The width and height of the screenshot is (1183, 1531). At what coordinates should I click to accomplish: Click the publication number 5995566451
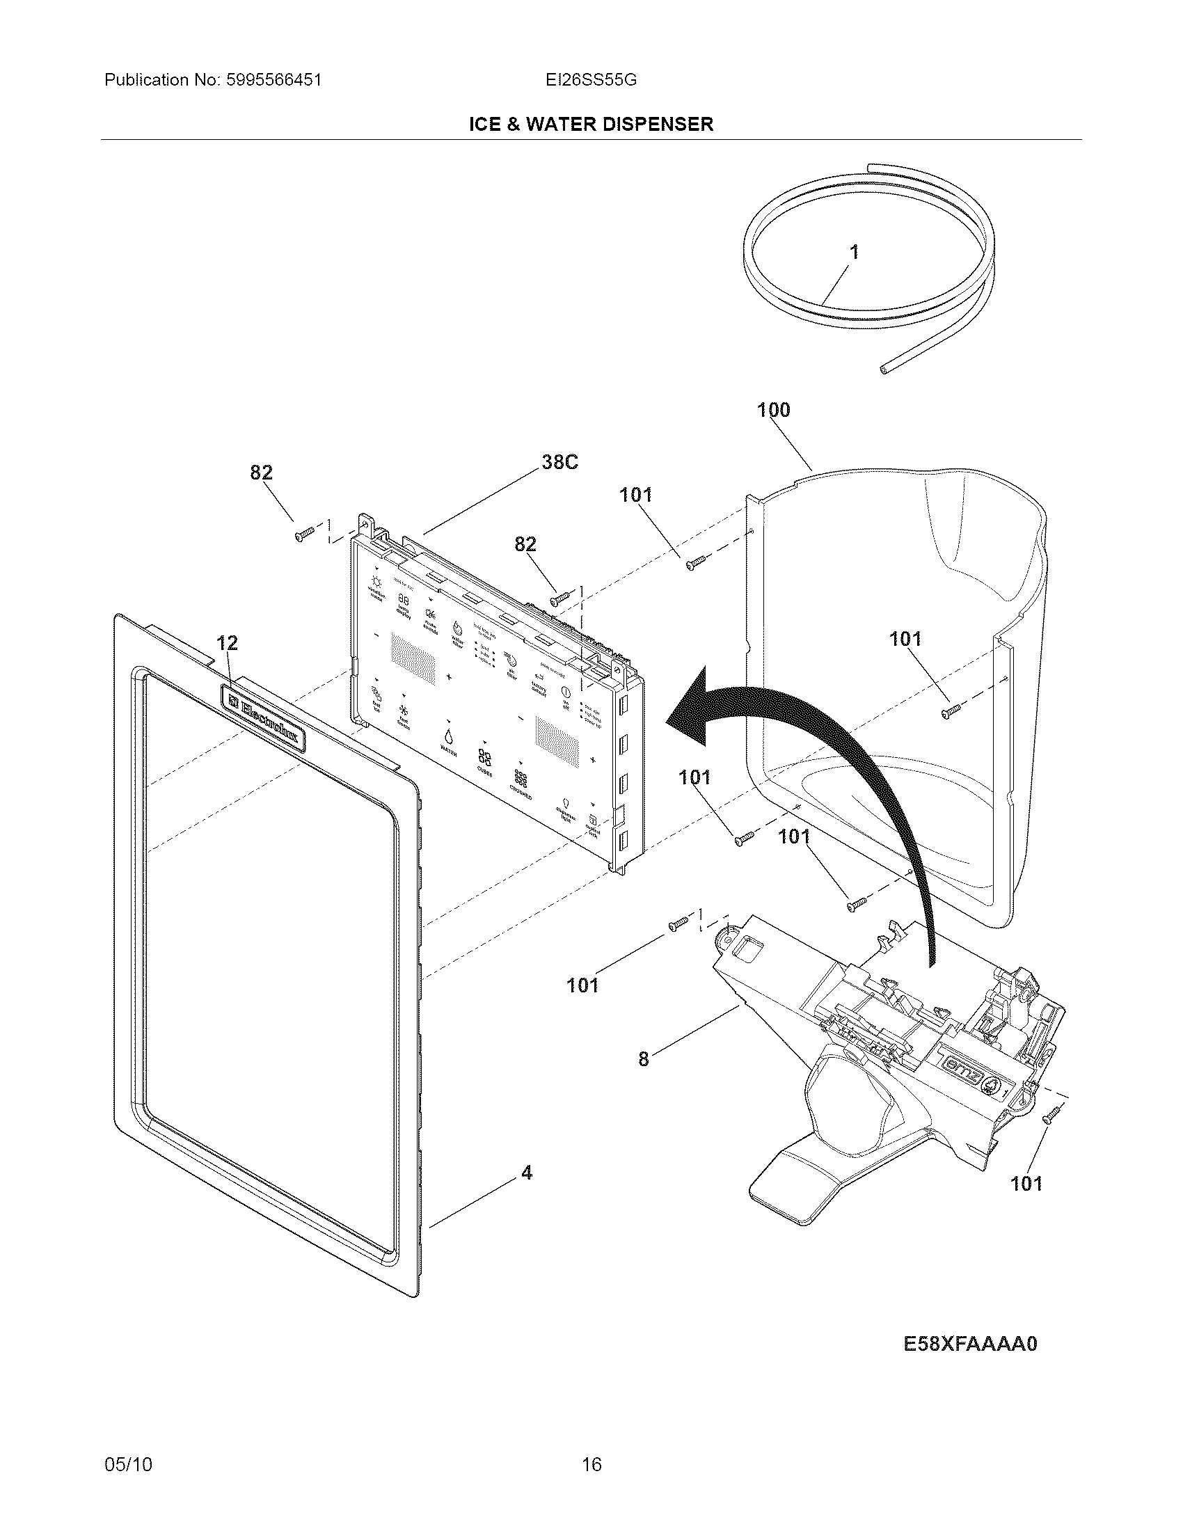(273, 80)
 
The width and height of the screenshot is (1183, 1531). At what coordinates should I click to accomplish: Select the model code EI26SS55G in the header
(591, 80)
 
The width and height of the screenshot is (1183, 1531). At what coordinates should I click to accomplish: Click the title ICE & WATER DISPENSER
(591, 124)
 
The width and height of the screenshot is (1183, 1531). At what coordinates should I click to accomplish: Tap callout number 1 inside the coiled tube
(854, 253)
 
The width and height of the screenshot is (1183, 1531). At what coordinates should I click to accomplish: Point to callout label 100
(773, 410)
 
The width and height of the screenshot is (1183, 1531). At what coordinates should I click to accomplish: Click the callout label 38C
(559, 463)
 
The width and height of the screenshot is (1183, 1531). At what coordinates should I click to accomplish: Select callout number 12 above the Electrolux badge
(226, 642)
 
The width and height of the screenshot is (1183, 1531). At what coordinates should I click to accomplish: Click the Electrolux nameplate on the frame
(264, 718)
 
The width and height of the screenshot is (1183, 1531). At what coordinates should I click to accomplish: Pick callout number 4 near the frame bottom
(526, 1172)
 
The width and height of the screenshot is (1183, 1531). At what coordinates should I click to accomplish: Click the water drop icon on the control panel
(447, 736)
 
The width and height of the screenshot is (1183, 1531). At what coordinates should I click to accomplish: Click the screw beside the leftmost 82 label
(305, 536)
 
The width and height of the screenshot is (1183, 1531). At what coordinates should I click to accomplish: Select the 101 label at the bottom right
(1026, 1184)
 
